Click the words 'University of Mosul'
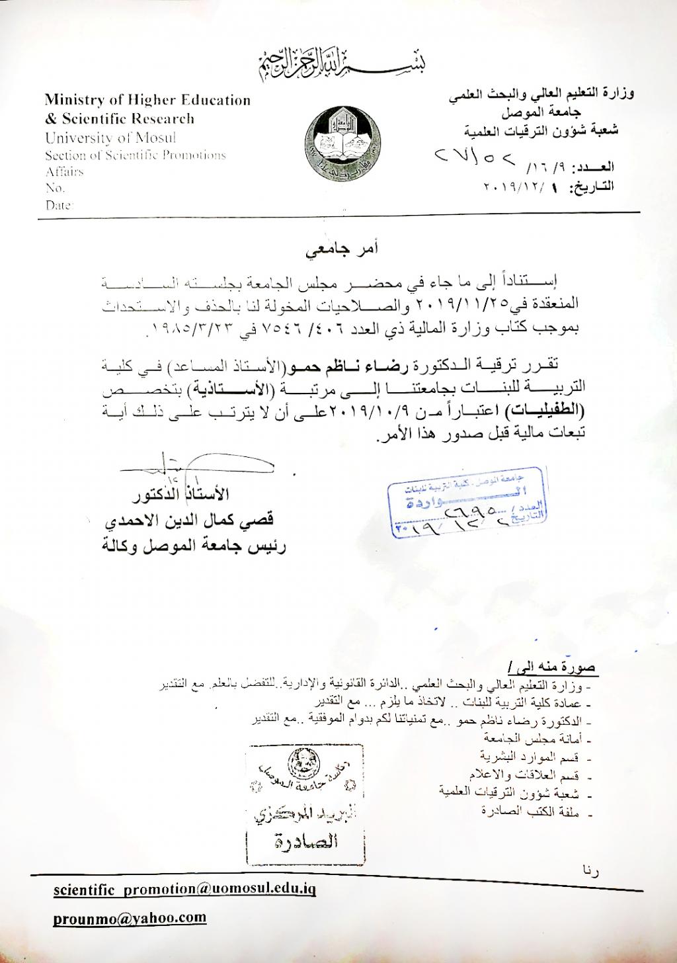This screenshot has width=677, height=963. point(110,138)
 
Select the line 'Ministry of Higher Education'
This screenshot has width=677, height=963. point(147,101)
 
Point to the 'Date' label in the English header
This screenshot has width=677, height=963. point(58,205)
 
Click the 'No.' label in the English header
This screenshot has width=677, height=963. point(54,188)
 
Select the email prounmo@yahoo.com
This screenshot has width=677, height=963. point(130,918)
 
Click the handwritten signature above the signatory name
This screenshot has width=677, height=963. point(198,466)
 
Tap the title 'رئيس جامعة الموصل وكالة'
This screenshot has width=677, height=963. point(193,546)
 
